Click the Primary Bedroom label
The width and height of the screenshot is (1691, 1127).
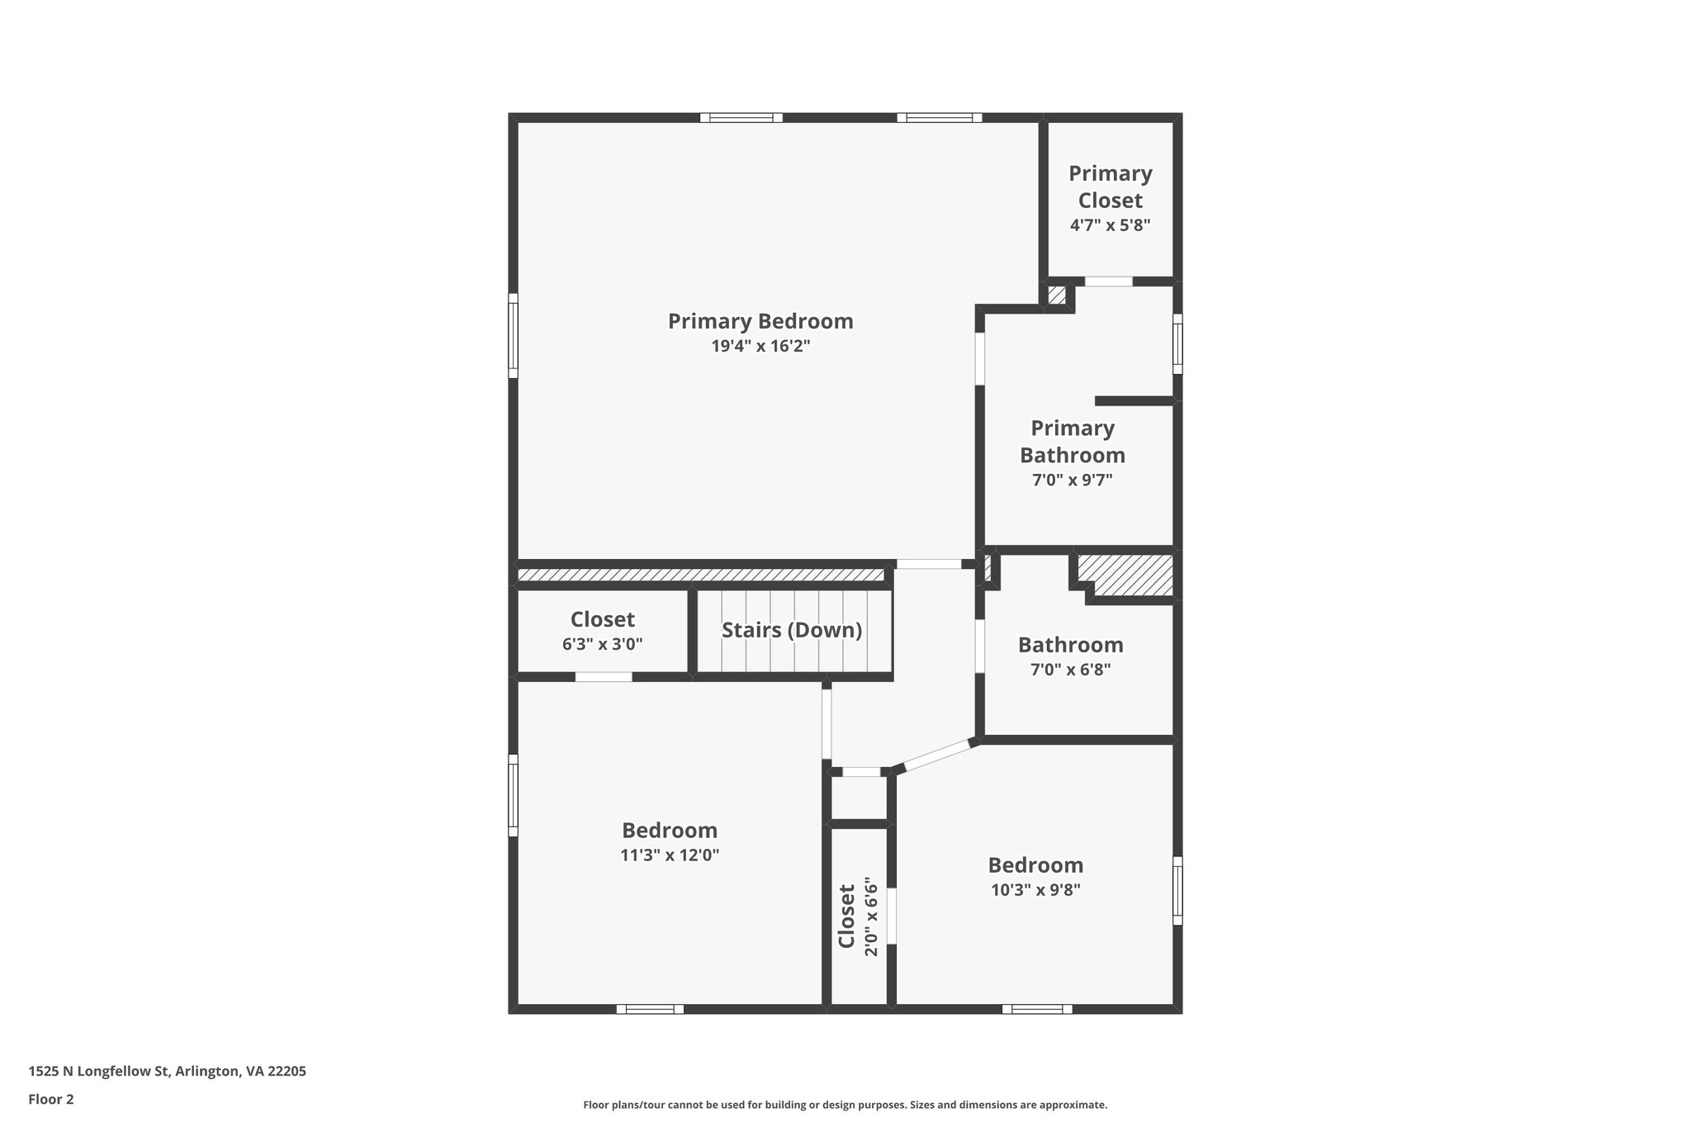(x=760, y=321)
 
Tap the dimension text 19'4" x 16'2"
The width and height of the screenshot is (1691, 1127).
(x=760, y=347)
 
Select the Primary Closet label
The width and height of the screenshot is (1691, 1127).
(x=1110, y=187)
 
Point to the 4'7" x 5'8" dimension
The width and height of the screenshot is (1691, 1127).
(x=1110, y=225)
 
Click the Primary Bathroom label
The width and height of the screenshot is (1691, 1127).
(x=1072, y=442)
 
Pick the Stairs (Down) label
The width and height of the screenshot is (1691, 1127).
(x=791, y=631)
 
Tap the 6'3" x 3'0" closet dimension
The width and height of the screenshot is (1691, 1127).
(x=602, y=644)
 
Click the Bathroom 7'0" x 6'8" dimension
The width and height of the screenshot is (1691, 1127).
(x=1070, y=670)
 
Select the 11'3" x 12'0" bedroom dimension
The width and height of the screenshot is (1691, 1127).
(x=669, y=855)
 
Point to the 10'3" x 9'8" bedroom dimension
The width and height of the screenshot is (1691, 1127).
(x=1035, y=890)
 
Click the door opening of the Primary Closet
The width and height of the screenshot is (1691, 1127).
(x=1108, y=282)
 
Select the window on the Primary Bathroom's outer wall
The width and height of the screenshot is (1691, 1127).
(x=1177, y=343)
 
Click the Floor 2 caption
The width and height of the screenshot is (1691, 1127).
(x=51, y=1100)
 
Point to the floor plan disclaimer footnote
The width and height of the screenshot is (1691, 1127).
(x=845, y=1105)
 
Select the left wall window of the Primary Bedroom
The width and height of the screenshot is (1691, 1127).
(x=513, y=335)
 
